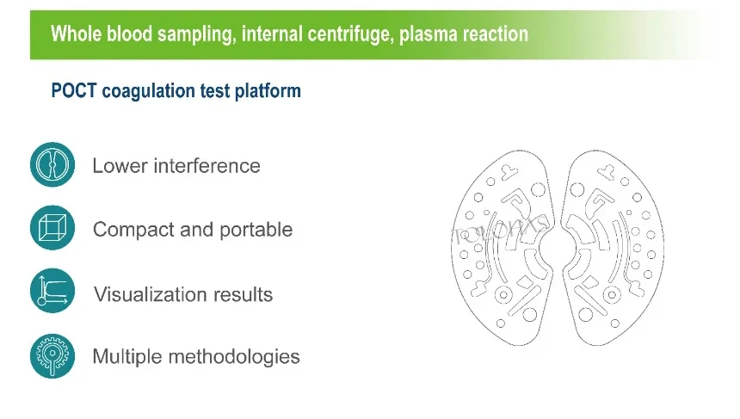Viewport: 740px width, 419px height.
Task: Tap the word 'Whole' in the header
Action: tap(77, 34)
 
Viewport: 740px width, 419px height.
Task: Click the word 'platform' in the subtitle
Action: tap(268, 91)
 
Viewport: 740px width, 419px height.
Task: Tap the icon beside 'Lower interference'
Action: tap(52, 164)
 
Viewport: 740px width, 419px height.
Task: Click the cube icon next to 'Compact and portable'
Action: tap(52, 227)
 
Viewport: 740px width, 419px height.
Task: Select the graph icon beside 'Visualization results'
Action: tap(52, 291)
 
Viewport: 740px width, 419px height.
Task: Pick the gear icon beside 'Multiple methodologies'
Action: tap(52, 356)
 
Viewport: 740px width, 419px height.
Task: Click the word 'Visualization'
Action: tap(151, 294)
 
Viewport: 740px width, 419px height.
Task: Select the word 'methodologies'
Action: tap(234, 357)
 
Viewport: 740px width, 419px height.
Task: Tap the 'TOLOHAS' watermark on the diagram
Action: tap(499, 231)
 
